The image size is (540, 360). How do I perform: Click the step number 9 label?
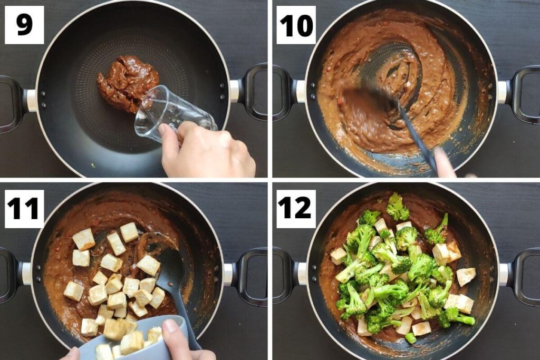tap(25, 24)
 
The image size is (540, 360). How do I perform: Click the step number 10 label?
tap(296, 25)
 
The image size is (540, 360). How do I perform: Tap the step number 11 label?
tap(23, 208)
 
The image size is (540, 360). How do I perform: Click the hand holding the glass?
tap(207, 150)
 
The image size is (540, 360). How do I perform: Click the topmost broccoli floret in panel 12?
tap(397, 207)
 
